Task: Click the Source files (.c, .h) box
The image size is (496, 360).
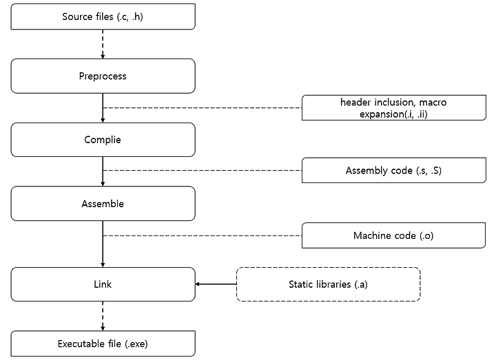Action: click(x=103, y=17)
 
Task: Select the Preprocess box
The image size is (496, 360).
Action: click(x=103, y=76)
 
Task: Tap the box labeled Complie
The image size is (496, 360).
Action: click(x=103, y=140)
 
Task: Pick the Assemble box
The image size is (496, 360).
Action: click(x=103, y=204)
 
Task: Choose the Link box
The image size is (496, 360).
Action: click(x=103, y=284)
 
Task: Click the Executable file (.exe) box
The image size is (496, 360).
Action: click(x=103, y=343)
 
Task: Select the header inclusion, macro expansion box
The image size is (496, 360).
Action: click(x=394, y=108)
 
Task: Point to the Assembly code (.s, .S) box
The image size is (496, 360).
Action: click(x=394, y=170)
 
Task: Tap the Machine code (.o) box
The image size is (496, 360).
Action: click(x=394, y=235)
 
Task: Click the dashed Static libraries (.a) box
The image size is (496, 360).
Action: click(x=329, y=284)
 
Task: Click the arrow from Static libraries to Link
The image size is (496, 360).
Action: click(x=216, y=284)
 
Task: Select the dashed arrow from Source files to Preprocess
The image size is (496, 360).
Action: click(x=103, y=44)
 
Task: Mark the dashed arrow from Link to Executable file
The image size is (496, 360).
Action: click(x=103, y=316)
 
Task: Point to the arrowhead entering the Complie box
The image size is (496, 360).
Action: click(x=103, y=120)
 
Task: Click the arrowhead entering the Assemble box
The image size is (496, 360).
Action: click(x=103, y=184)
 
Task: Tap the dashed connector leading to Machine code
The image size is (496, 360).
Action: click(x=203, y=235)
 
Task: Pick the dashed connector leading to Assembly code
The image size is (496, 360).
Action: click(x=203, y=170)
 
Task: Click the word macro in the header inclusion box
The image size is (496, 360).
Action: click(x=433, y=103)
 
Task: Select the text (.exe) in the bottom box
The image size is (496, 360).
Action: click(x=136, y=344)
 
